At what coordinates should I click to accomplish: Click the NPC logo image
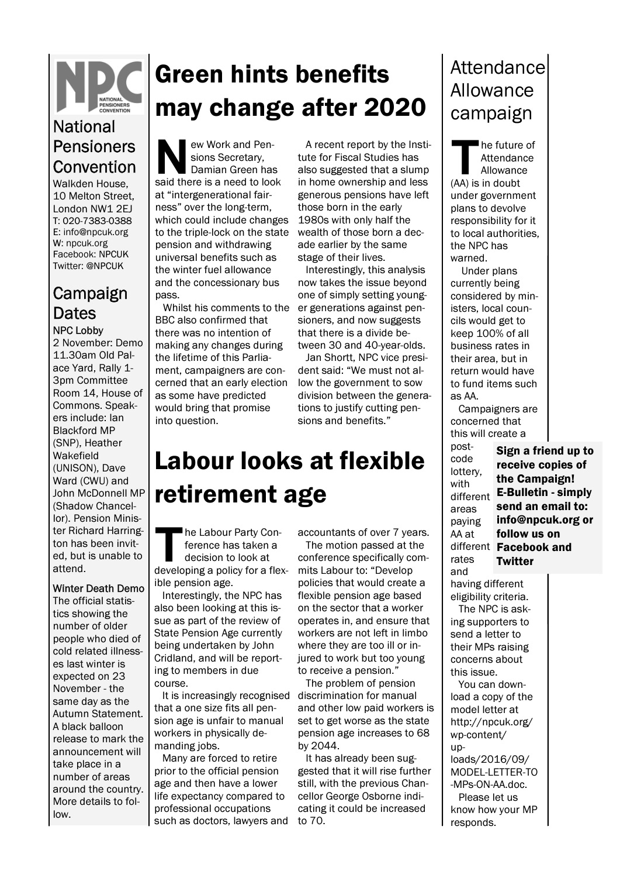(99, 87)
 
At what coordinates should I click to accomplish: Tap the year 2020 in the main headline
(394, 107)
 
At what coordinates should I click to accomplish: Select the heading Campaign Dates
(90, 302)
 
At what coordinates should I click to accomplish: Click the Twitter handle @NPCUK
(105, 266)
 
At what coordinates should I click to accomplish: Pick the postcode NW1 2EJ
(113, 209)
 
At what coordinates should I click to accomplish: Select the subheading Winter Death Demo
(98, 588)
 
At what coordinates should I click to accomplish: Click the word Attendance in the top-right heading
(497, 68)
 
